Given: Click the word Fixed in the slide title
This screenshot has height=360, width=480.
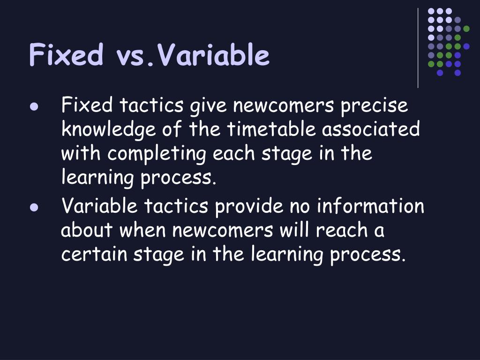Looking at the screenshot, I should click(66, 55).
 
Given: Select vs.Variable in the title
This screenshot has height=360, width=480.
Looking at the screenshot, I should click(193, 55).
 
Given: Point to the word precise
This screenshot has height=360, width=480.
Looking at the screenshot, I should click(374, 105).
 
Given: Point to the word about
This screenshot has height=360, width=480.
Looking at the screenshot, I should click(87, 230).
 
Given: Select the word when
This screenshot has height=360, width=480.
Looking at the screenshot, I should click(144, 230).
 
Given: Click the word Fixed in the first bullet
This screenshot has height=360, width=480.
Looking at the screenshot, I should click(87, 105).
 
